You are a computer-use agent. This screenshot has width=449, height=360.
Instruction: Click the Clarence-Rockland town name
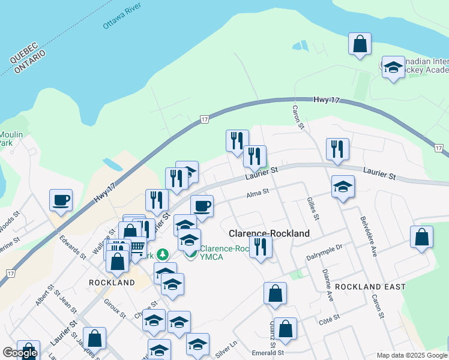click(270, 233)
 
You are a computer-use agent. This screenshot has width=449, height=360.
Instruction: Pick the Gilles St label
click(311, 208)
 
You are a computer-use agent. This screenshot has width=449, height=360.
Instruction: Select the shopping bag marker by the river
click(360, 44)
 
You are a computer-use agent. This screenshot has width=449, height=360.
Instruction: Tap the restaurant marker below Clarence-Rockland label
click(261, 247)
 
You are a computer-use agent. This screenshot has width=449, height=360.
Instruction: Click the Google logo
click(20, 353)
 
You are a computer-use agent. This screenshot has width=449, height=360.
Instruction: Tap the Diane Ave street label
click(328, 284)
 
